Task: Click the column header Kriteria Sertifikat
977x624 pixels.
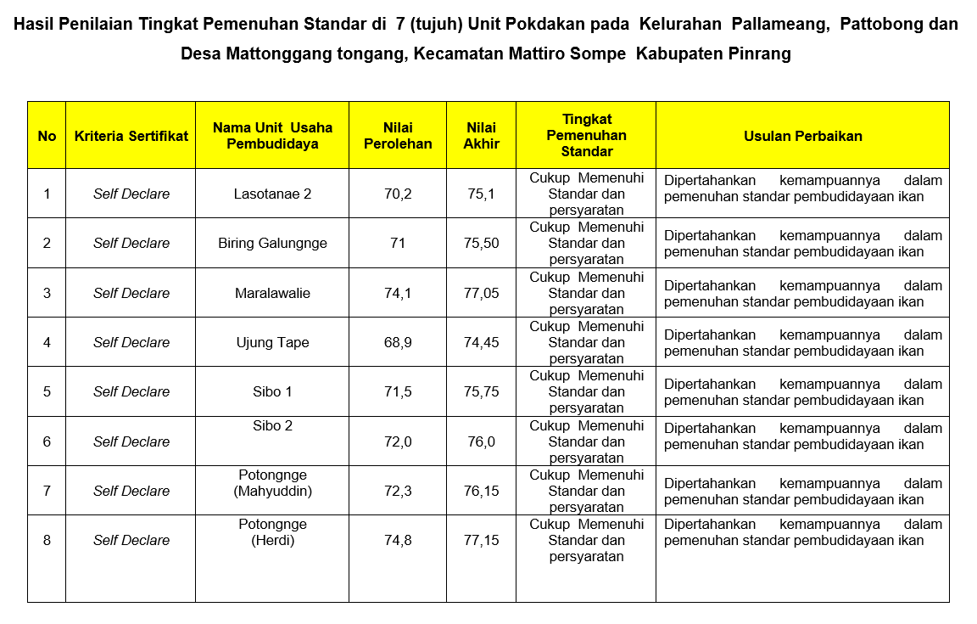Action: [x=131, y=136]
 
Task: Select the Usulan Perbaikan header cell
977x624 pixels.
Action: [x=802, y=136]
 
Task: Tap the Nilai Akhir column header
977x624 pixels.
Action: [x=481, y=136]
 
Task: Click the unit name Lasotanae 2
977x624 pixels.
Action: [x=272, y=194]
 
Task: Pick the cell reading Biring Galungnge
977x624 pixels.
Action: [x=272, y=243]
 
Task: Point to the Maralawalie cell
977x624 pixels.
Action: [x=272, y=293]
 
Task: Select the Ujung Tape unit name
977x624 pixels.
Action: [x=272, y=342]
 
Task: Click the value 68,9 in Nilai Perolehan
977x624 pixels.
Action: [x=398, y=342]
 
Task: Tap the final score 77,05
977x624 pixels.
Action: [x=481, y=293]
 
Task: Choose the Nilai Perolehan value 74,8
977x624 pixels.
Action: [x=398, y=540]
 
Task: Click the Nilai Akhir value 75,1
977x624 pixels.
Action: [x=481, y=194]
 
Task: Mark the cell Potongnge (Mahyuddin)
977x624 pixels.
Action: [x=272, y=483]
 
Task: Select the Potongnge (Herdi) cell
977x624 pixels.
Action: [x=272, y=532]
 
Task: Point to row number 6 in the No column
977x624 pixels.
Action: [x=47, y=441]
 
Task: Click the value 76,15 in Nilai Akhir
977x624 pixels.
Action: [x=481, y=491]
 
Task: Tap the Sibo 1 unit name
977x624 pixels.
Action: [x=272, y=391]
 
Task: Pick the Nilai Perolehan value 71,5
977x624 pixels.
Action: [x=398, y=391]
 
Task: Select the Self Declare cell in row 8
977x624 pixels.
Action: [x=131, y=540]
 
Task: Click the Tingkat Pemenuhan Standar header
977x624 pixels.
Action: [x=586, y=136]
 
